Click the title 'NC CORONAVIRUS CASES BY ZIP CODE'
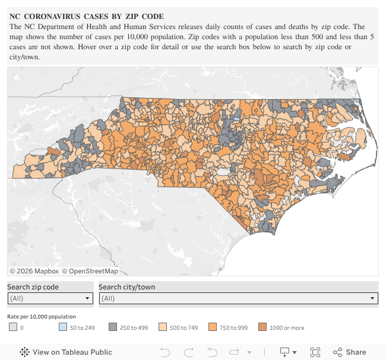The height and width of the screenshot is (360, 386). click(x=87, y=16)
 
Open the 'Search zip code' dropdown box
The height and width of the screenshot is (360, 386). click(x=50, y=298)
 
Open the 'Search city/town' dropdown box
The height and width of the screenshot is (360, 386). click(x=238, y=298)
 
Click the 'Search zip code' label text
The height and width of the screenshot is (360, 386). click(x=33, y=287)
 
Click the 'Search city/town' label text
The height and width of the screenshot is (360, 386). click(x=126, y=287)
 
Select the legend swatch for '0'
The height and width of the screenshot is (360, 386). click(x=13, y=327)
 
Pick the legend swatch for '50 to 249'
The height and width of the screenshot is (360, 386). click(x=63, y=327)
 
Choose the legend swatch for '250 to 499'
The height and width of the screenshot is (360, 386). click(x=113, y=327)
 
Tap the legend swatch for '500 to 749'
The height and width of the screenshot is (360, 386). click(x=163, y=327)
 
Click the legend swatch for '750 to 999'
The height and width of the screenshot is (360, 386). click(x=213, y=327)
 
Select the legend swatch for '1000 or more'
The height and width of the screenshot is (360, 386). click(x=262, y=327)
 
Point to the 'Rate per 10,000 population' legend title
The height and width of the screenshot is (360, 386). click(x=42, y=317)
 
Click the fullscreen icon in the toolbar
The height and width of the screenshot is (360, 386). click(x=315, y=352)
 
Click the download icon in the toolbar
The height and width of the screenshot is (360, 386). click(x=286, y=352)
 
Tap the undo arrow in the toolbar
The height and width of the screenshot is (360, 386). click(x=165, y=352)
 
